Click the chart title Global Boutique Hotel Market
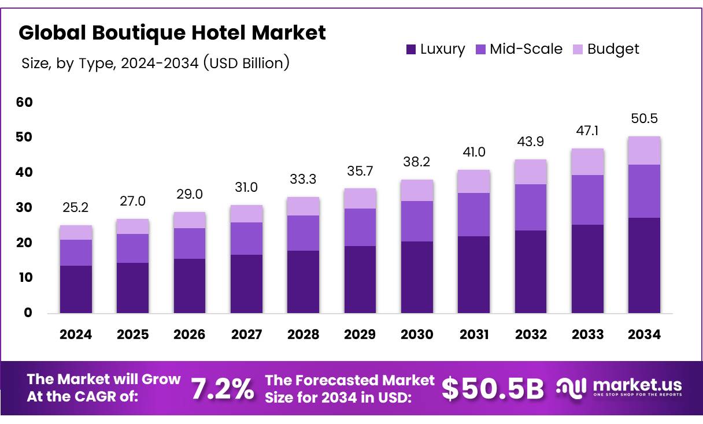pyautogui.click(x=172, y=33)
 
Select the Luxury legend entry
pyautogui.click(x=435, y=49)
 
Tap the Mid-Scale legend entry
pyautogui.click(x=519, y=49)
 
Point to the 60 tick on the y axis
pyautogui.click(x=25, y=102)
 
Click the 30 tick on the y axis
pyautogui.click(x=25, y=207)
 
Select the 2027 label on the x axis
pyautogui.click(x=246, y=334)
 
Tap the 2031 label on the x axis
pyautogui.click(x=474, y=334)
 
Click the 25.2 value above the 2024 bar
pyautogui.click(x=75, y=207)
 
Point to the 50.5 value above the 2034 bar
pyautogui.click(x=644, y=118)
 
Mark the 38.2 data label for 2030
pyautogui.click(x=417, y=162)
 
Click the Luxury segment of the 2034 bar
pyautogui.click(x=644, y=265)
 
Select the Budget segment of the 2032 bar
pyautogui.click(x=530, y=172)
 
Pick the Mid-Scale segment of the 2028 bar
pyautogui.click(x=303, y=233)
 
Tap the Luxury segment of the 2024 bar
pyautogui.click(x=75, y=289)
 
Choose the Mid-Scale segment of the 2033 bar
pyautogui.click(x=587, y=200)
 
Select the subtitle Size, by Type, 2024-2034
pyautogui.click(x=155, y=62)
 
